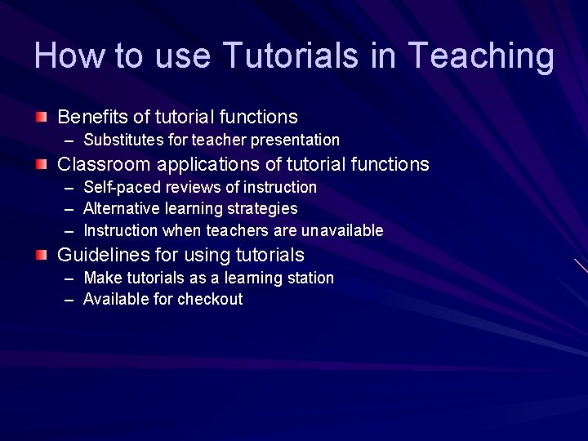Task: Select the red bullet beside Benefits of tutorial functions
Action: (x=42, y=117)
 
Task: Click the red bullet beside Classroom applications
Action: (x=42, y=164)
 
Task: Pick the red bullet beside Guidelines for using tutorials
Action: (x=42, y=255)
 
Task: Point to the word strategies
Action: (x=260, y=210)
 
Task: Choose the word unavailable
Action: (x=342, y=231)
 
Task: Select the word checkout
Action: (x=210, y=300)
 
